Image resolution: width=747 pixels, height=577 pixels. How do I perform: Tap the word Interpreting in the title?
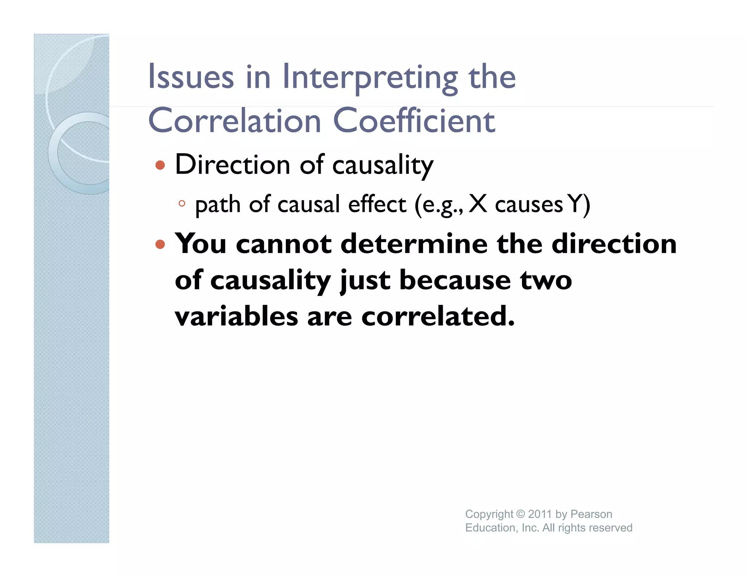[x=370, y=78]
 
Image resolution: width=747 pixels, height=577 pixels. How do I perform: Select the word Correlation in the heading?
[x=235, y=121]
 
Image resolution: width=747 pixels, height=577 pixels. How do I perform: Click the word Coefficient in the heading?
[x=414, y=121]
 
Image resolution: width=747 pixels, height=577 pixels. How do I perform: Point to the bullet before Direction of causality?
[x=160, y=166]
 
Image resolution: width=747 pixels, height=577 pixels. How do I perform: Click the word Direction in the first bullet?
[x=232, y=165]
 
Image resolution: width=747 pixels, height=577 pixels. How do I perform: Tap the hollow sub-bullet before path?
[x=182, y=204]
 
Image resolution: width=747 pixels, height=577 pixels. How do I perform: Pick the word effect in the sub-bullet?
[x=377, y=204]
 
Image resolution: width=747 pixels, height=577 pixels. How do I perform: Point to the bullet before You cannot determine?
[x=160, y=244]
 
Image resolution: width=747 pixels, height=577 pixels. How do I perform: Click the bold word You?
[x=201, y=244]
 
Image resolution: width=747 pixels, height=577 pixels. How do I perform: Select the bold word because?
[x=455, y=280]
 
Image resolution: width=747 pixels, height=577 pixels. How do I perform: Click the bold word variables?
[x=236, y=316]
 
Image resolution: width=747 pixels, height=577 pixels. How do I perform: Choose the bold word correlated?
[x=438, y=316]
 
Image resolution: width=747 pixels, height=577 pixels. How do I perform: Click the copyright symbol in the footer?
[x=520, y=514]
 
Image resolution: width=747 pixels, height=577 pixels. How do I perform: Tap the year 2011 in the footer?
[x=540, y=514]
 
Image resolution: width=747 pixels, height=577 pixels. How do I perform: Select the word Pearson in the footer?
[x=591, y=514]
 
